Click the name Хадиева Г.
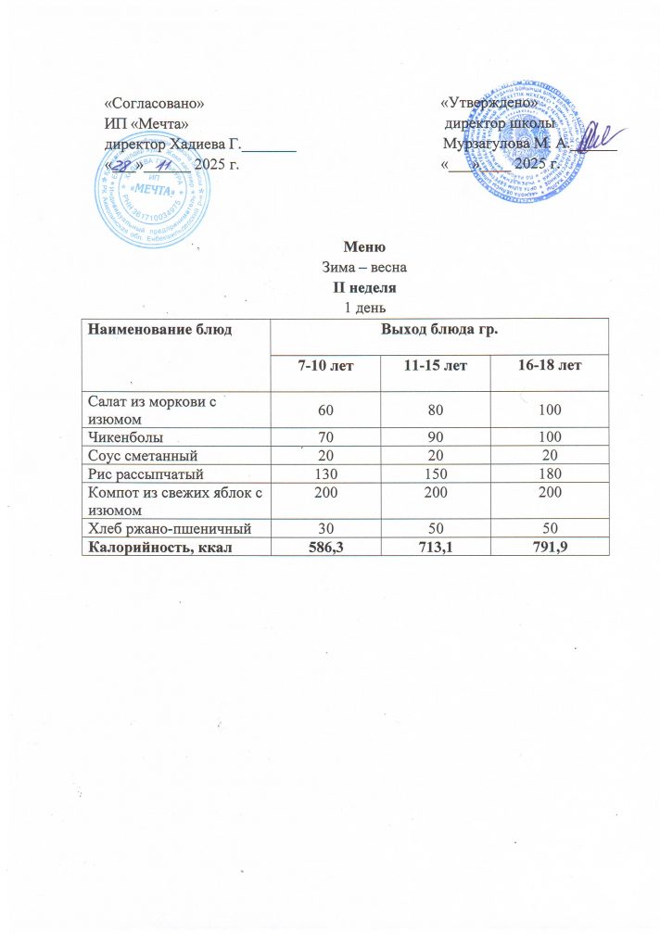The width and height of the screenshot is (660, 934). pos(201,144)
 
